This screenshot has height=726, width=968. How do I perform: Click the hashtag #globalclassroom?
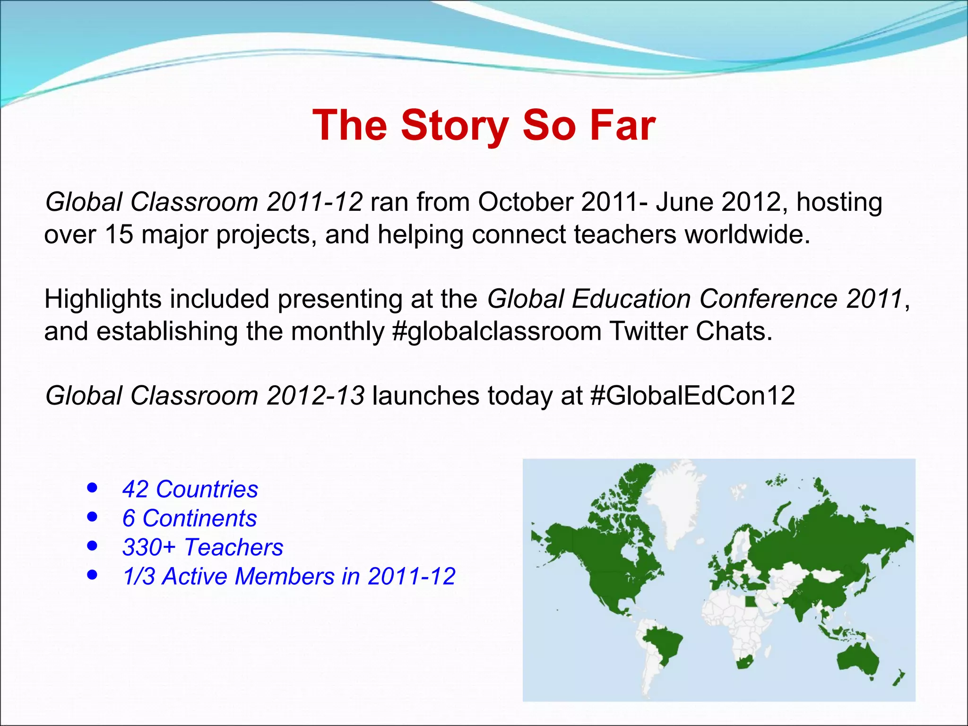click(x=496, y=331)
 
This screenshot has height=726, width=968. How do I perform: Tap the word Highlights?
click(x=103, y=299)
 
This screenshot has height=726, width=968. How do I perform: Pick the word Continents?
click(x=199, y=519)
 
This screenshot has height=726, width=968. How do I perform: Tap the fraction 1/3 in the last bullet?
click(x=138, y=577)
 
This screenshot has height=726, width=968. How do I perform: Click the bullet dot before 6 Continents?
click(x=93, y=517)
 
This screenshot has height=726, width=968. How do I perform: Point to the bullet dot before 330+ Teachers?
click(x=93, y=546)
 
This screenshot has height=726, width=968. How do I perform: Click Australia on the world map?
click(x=858, y=659)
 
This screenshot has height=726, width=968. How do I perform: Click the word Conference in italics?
click(x=769, y=299)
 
